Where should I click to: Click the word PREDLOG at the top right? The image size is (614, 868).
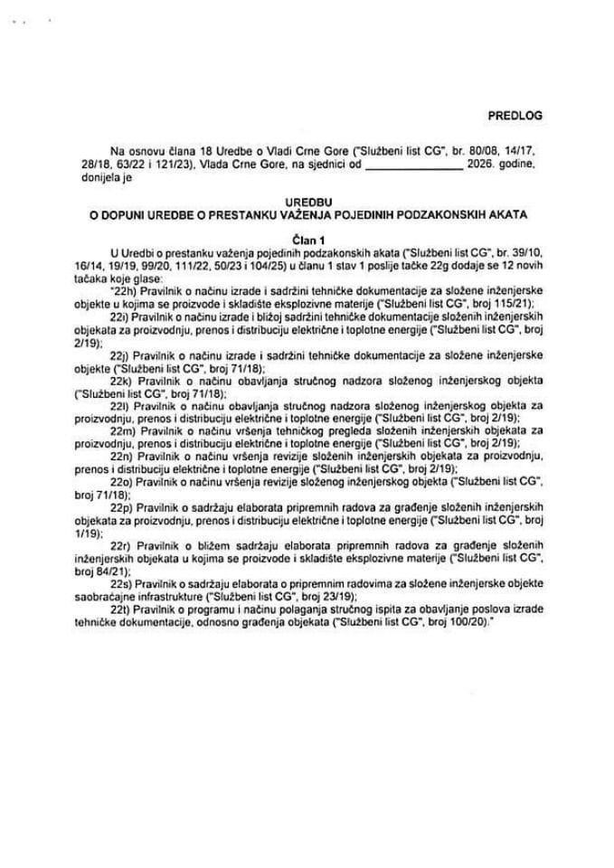point(512,116)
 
